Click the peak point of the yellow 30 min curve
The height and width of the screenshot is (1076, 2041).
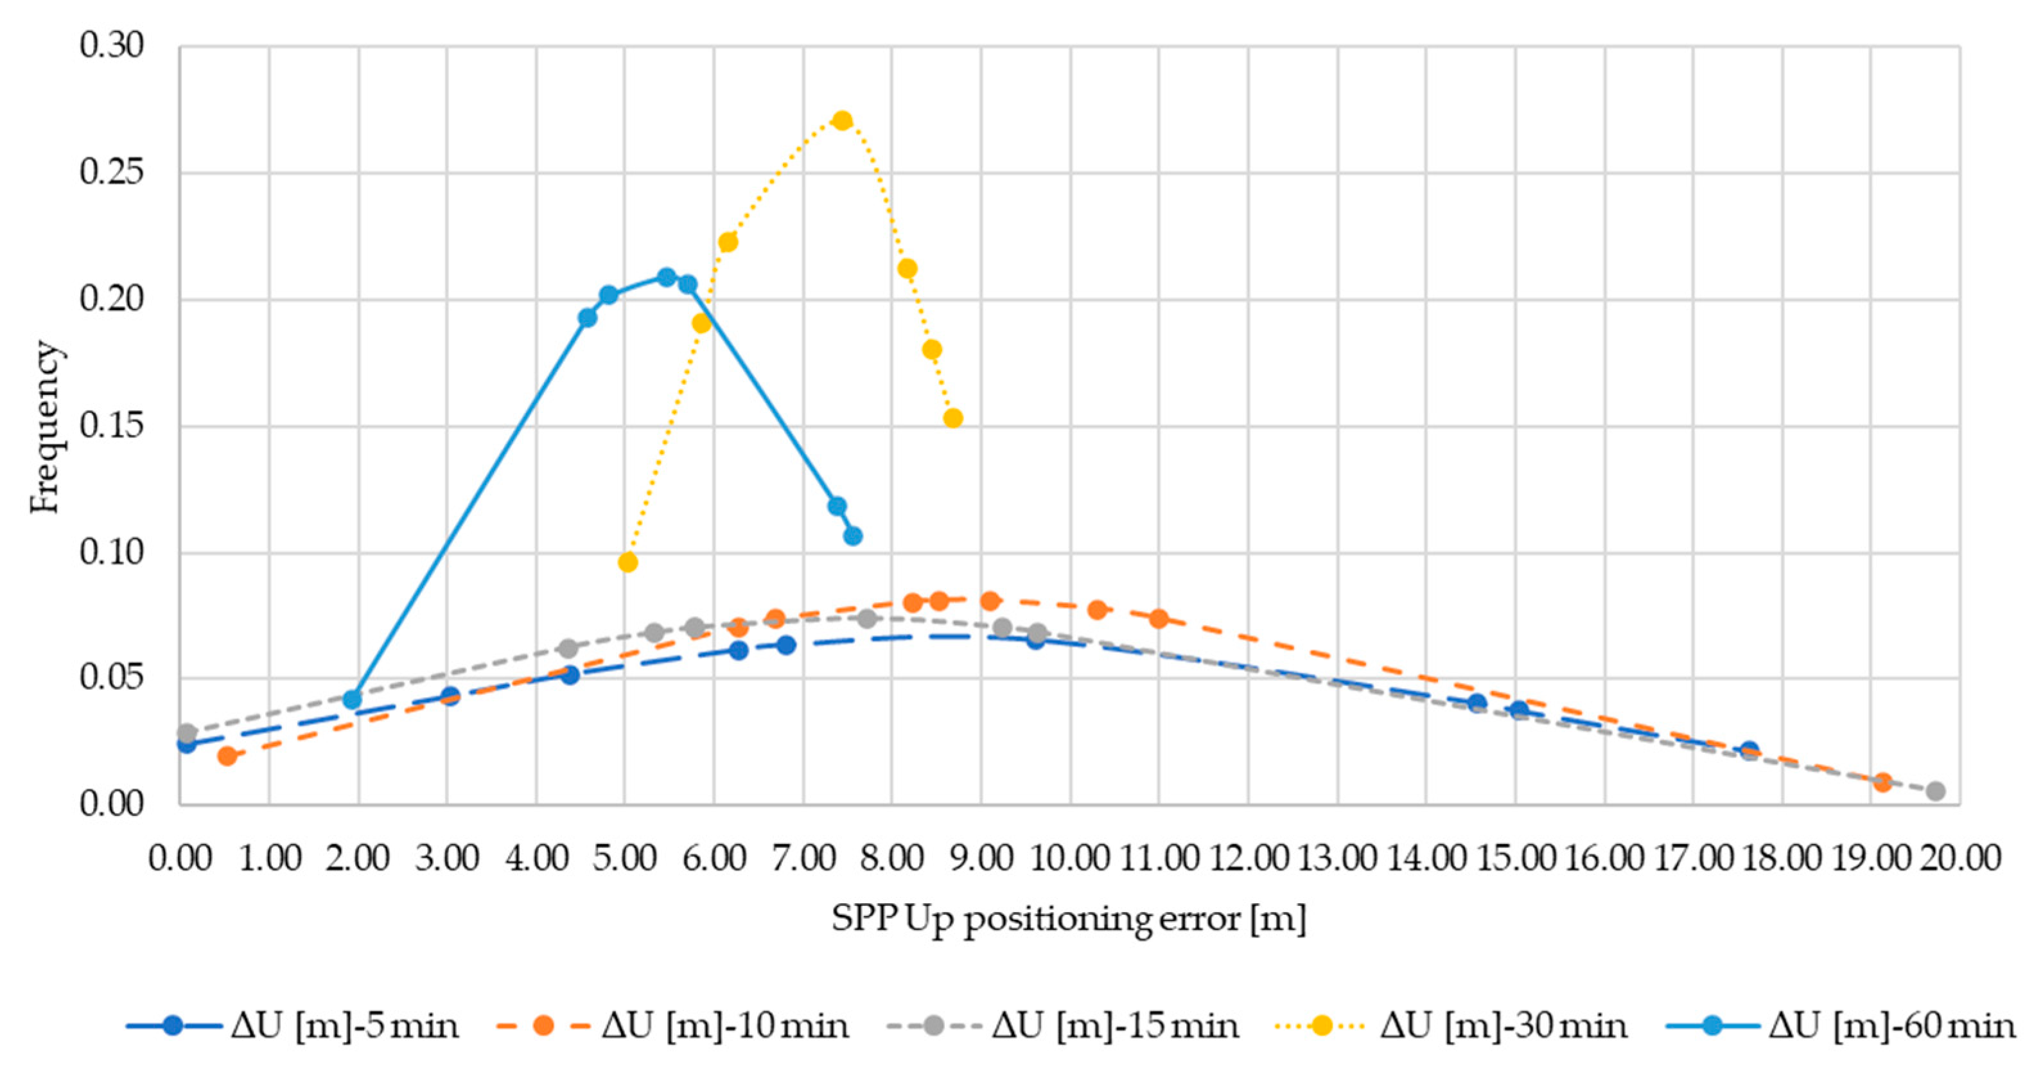pos(842,120)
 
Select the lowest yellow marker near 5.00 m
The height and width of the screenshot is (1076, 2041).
pos(627,563)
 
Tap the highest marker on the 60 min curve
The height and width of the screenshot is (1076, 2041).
pos(667,278)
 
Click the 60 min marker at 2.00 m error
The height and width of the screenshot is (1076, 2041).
pos(353,699)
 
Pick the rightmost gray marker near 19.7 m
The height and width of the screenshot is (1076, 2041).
pos(1936,791)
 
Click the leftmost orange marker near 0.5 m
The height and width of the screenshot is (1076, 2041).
pos(227,756)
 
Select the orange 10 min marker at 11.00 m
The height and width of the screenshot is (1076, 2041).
pos(1159,619)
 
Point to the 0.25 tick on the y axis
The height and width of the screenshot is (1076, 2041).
pos(112,172)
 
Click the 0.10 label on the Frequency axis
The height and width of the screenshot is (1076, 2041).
pos(112,552)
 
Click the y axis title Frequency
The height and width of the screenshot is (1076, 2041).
pos(44,427)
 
